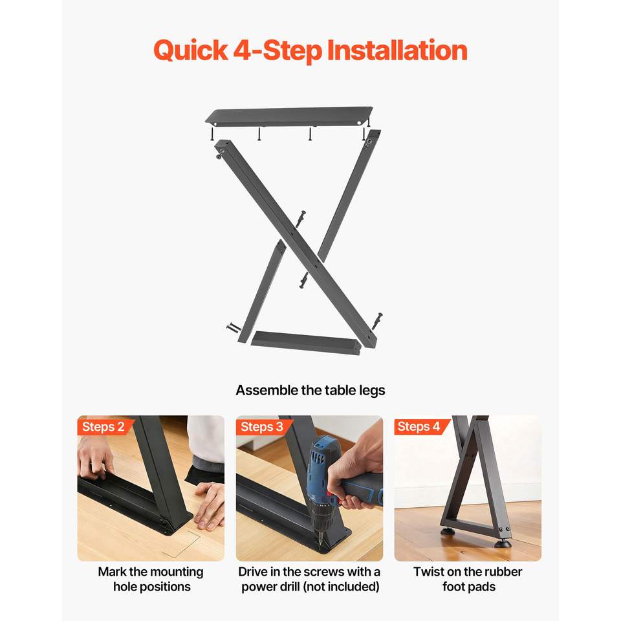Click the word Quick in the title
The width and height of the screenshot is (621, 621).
click(190, 51)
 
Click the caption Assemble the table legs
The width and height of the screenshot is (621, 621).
click(310, 391)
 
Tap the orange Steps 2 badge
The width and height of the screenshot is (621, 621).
click(103, 426)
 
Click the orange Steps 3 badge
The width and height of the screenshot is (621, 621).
click(262, 426)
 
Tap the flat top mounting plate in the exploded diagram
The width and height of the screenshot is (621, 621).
click(289, 116)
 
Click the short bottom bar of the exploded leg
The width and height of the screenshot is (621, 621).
click(306, 343)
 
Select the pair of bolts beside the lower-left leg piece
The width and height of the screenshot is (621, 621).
click(234, 327)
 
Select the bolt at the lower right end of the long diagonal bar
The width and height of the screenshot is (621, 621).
click(376, 321)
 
